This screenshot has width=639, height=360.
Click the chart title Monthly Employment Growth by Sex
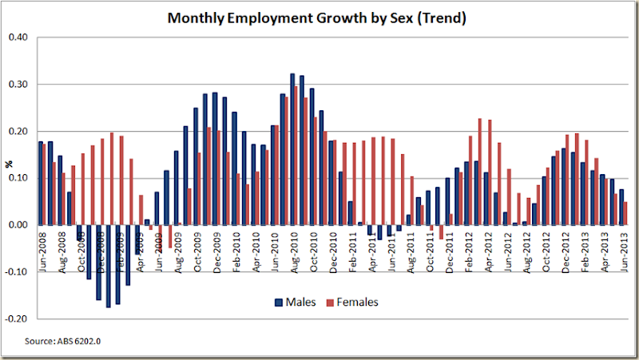[x=317, y=17]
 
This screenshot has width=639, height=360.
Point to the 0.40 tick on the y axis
[x=18, y=38]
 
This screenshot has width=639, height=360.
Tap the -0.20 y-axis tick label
[x=17, y=318]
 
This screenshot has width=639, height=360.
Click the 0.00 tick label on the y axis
[x=18, y=225]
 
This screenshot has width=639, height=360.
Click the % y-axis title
[x=10, y=163]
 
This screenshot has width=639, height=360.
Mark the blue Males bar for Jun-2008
[x=40, y=184]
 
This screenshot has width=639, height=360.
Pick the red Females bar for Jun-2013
[x=626, y=213]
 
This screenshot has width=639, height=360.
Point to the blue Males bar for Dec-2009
[x=215, y=159]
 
